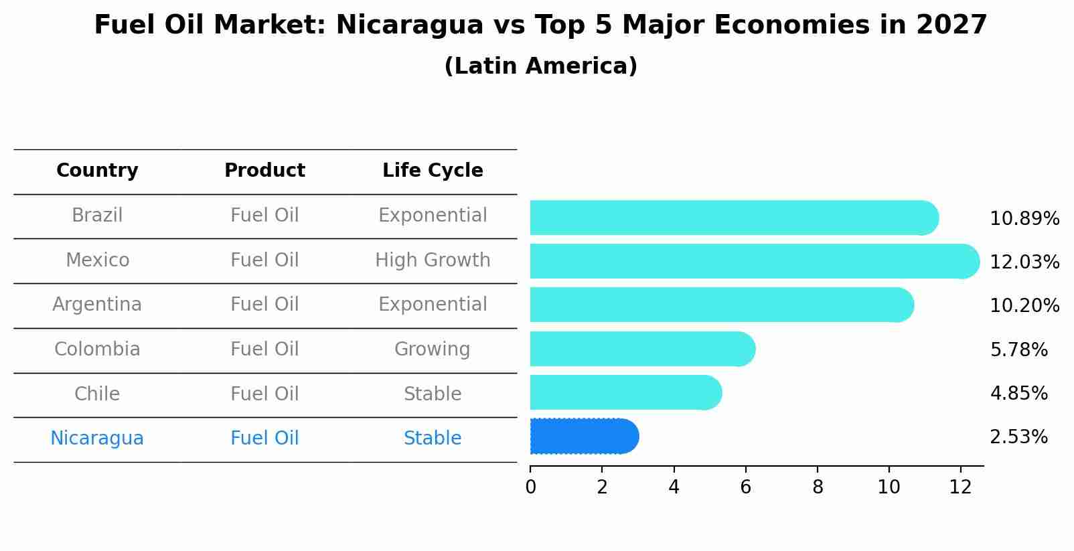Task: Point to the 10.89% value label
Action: [1024, 219]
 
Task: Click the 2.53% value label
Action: [1018, 437]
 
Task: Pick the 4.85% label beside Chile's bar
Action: [1018, 393]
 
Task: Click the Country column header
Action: [97, 171]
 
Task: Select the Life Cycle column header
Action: [433, 171]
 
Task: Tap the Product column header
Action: [264, 171]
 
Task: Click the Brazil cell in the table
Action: [97, 216]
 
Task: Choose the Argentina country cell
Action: [97, 305]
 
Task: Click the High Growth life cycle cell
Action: [433, 260]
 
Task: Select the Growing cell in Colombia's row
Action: [432, 349]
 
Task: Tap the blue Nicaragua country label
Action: [97, 439]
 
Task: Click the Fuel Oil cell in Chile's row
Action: [264, 394]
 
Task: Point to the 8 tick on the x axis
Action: [818, 487]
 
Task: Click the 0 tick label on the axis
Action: [530, 487]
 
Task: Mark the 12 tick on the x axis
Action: [960, 487]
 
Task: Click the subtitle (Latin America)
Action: [540, 66]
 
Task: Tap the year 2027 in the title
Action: [951, 25]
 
